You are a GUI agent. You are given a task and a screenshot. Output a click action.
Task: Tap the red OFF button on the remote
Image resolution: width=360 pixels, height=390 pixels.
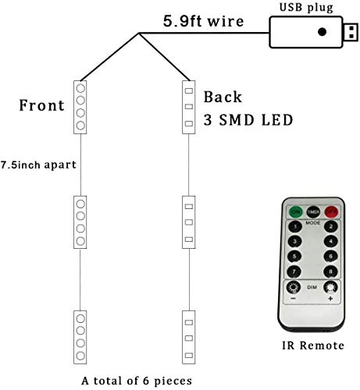point(331,211)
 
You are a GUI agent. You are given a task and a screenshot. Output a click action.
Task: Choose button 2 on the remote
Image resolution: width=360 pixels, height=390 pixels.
point(331,227)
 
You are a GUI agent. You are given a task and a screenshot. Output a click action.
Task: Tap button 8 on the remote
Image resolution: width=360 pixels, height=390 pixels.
point(331,271)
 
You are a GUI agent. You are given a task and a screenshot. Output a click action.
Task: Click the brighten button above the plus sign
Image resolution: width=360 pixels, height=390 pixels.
point(330,287)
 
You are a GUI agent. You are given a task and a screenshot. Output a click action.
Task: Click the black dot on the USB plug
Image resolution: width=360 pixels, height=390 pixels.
point(322,33)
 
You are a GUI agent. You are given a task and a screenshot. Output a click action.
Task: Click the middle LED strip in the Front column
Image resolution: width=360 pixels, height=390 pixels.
point(80,222)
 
